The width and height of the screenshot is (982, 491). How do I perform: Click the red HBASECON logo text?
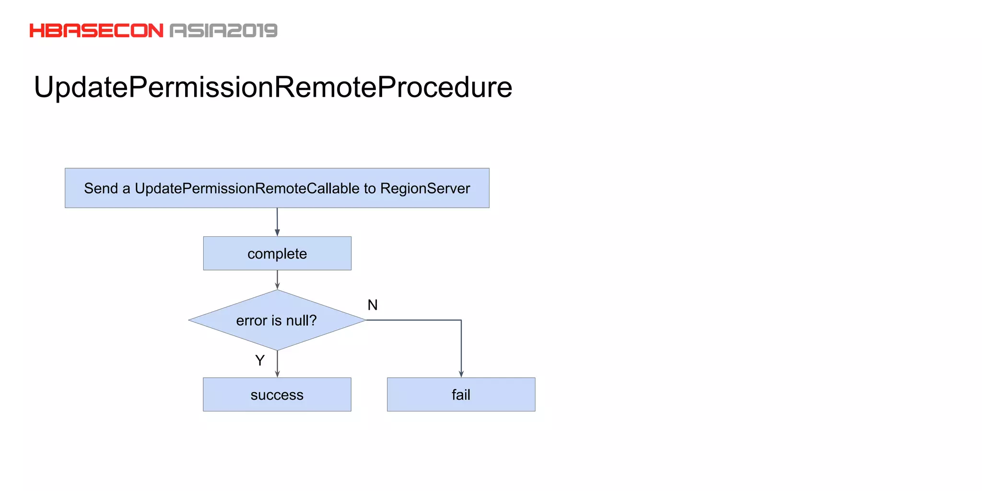96,31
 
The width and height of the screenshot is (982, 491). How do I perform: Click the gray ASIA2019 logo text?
223,31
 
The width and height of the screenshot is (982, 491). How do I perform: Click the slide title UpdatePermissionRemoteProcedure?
273,87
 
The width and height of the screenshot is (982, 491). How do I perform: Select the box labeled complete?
277,253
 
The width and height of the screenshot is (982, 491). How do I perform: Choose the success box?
277,395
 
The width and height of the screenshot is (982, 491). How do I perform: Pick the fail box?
461,395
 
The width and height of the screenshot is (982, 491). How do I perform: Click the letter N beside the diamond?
373,305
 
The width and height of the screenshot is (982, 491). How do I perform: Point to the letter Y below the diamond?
260,360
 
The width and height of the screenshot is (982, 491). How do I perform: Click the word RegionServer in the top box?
425,188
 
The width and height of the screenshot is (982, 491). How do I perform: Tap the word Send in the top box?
101,188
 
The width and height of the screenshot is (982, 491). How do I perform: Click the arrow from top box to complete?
277,222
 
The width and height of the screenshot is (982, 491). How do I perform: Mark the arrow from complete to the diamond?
277,280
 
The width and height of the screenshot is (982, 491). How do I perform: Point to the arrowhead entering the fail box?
461,374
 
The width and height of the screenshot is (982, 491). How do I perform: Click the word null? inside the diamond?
302,320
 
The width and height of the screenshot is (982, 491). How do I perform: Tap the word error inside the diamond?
251,320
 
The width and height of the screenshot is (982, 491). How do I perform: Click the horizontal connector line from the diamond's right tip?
412,320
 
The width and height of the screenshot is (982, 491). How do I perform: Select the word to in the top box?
370,188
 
